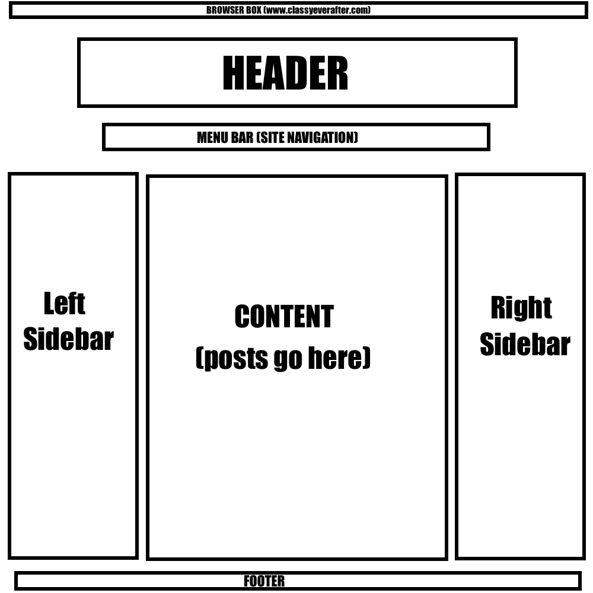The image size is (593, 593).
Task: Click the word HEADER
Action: (x=285, y=74)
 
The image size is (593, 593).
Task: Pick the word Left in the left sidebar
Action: (x=64, y=304)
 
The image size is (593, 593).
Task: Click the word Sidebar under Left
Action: (x=68, y=339)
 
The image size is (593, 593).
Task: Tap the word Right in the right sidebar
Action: (x=521, y=307)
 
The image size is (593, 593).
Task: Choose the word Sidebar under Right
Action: (x=525, y=345)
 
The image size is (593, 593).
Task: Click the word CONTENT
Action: (x=284, y=317)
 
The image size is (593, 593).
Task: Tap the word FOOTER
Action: (x=264, y=581)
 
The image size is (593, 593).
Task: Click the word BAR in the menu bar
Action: (x=243, y=138)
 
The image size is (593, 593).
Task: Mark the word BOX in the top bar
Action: (x=253, y=10)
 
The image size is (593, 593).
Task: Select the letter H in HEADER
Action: (x=232, y=74)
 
